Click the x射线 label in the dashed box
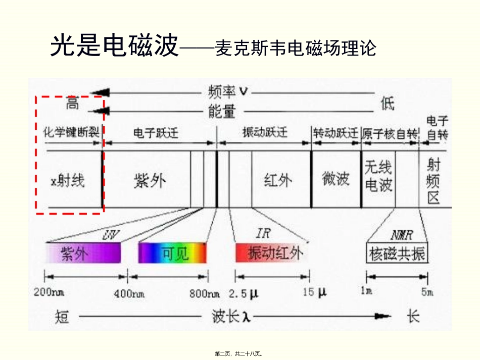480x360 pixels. click(68, 180)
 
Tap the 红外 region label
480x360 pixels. click(278, 180)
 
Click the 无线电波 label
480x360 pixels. click(378, 177)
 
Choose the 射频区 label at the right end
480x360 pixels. click(433, 180)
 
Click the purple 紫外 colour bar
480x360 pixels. click(83, 253)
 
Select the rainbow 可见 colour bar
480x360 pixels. click(173, 253)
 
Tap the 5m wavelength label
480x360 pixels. click(427, 292)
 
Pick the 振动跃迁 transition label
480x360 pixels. click(265, 133)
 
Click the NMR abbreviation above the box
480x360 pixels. click(402, 235)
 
